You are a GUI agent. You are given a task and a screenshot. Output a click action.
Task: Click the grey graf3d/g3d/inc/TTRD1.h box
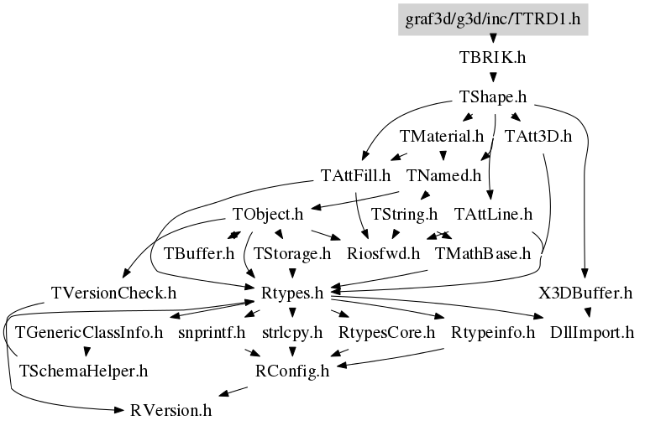pyautogui.click(x=493, y=19)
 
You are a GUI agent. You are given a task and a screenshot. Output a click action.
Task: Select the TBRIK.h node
pyautogui.click(x=492, y=58)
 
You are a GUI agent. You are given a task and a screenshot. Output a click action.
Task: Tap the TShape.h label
pyautogui.click(x=492, y=97)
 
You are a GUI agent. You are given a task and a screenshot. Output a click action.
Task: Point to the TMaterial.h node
pyautogui.click(x=442, y=136)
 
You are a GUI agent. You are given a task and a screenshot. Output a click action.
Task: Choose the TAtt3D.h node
pyautogui.click(x=538, y=136)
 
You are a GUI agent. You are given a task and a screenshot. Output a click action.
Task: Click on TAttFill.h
pyautogui.click(x=355, y=175)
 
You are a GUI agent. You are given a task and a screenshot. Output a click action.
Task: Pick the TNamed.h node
pyautogui.click(x=443, y=175)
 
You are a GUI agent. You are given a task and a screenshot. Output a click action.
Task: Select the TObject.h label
pyautogui.click(x=268, y=214)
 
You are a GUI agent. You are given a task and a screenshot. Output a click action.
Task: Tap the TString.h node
pyautogui.click(x=404, y=214)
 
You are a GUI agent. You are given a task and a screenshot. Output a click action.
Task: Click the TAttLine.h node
pyautogui.click(x=493, y=214)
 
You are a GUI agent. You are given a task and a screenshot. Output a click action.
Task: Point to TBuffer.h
pyautogui.click(x=199, y=253)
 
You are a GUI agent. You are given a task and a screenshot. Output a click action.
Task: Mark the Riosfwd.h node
pyautogui.click(x=383, y=253)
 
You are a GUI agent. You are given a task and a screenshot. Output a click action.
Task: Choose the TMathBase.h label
pyautogui.click(x=483, y=253)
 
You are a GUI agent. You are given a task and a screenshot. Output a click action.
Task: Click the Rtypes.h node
pyautogui.click(x=292, y=293)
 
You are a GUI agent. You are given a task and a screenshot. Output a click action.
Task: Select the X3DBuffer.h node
pyautogui.click(x=585, y=293)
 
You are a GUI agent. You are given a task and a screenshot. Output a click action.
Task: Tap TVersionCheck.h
pyautogui.click(x=113, y=293)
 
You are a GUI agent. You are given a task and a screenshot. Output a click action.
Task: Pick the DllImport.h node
pyautogui.click(x=592, y=332)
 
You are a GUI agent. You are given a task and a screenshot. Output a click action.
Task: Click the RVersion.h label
pyautogui.click(x=170, y=410)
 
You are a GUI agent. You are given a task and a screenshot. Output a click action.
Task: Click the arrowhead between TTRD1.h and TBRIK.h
pyautogui.click(x=493, y=39)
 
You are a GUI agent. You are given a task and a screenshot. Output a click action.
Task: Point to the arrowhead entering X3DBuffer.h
pyautogui.click(x=585, y=274)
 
